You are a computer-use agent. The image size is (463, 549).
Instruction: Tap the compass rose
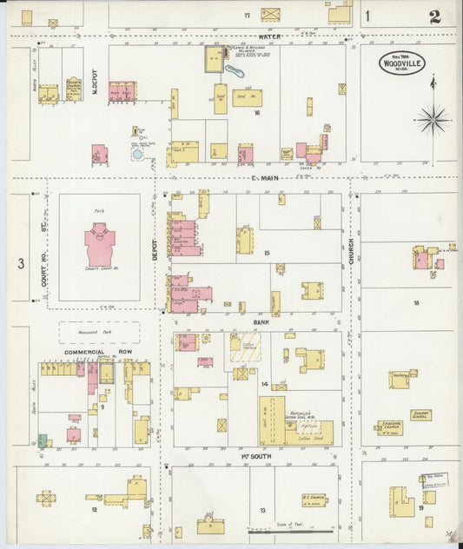[x=433, y=119]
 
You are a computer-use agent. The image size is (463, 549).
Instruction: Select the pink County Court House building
[x=100, y=245]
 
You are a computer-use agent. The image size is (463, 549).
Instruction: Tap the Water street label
[x=268, y=37]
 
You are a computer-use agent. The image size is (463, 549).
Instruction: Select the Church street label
[x=352, y=252]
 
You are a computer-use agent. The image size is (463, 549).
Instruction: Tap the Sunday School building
[x=420, y=414]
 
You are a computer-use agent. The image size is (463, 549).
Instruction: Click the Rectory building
[x=400, y=380]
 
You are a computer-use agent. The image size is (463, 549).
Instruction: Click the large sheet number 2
[x=433, y=17]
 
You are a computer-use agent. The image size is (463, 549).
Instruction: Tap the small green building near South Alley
[x=42, y=441]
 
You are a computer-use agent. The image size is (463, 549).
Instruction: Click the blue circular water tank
[x=136, y=155]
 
